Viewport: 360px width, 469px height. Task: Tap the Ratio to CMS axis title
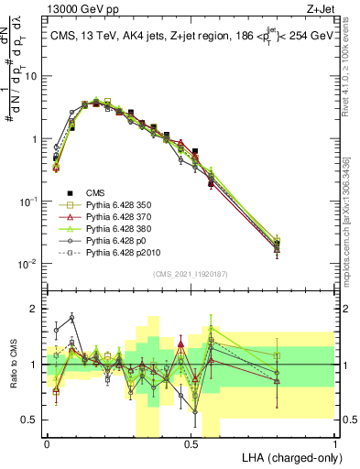[x=12, y=365]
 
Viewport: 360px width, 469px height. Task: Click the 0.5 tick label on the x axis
[x=191, y=442]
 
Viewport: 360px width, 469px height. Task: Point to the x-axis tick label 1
[x=335, y=442]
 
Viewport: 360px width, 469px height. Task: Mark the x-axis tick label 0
[x=47, y=442]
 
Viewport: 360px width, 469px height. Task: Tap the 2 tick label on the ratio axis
[x=35, y=309]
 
